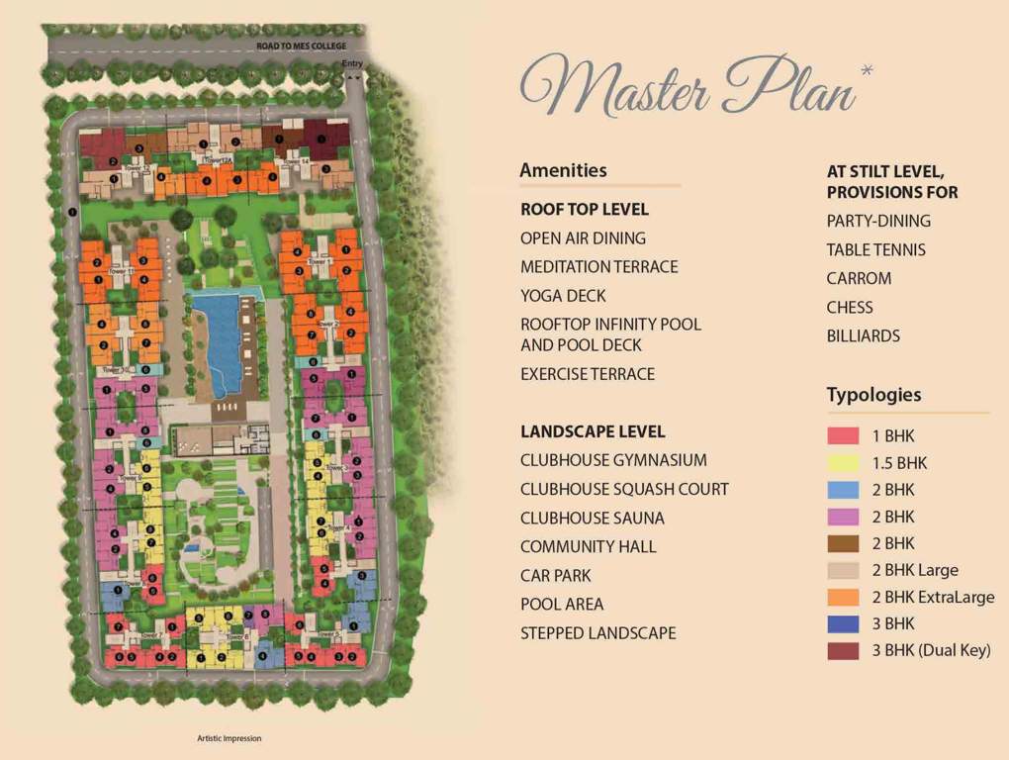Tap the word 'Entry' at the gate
[352, 64]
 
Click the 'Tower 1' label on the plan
[322, 261]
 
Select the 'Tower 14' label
[298, 159]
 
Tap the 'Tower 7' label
[151, 634]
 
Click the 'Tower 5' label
[328, 634]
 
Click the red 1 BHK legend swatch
[843, 435]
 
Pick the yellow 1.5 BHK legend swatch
[843, 462]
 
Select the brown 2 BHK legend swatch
[843, 543]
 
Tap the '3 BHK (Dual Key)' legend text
[931, 650]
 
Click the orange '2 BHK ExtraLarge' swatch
[843, 597]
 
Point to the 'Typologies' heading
[873, 395]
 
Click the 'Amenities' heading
[563, 170]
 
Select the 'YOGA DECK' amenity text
[563, 296]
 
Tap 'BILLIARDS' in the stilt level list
[864, 335]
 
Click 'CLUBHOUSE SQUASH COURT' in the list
[624, 489]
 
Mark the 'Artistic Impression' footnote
[229, 738]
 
